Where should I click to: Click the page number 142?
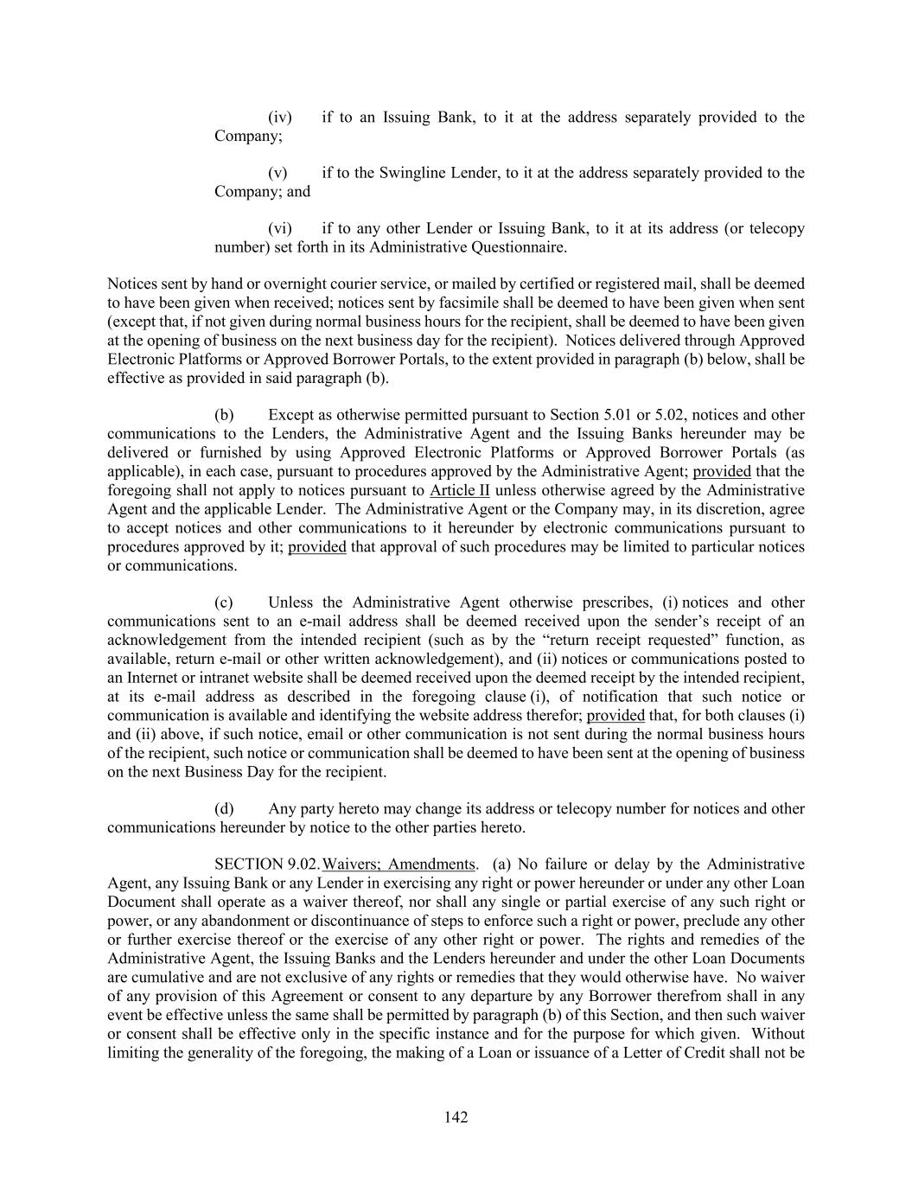[456, 1118]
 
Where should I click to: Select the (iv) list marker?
[279, 118]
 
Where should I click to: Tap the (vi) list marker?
[279, 229]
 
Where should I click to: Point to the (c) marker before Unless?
[224, 603]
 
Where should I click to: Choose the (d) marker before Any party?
[224, 809]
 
